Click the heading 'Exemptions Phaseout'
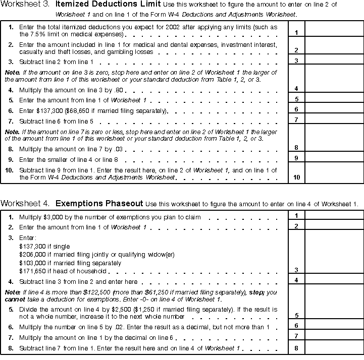coord(98,204)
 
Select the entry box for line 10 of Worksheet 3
coord(334,173)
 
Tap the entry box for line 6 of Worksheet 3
coord(334,109)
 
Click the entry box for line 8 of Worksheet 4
coord(334,348)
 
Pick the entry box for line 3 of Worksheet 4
coord(334,252)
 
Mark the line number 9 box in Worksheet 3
coord(296,158)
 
